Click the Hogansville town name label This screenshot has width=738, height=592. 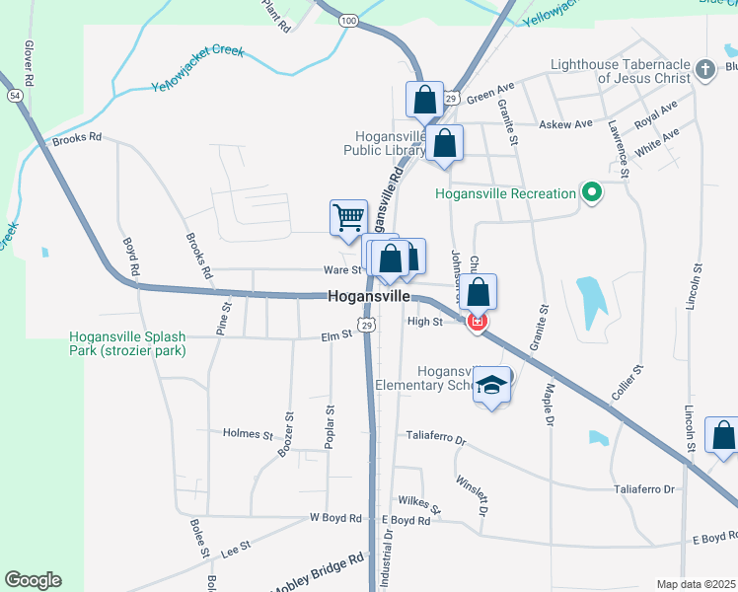(x=368, y=296)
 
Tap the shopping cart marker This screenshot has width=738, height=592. (x=348, y=217)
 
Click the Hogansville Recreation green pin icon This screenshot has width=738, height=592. (x=592, y=192)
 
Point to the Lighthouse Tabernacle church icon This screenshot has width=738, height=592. (x=705, y=69)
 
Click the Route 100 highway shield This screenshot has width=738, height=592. (x=348, y=20)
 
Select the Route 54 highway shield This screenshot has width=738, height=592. (x=14, y=95)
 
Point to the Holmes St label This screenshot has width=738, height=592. (x=247, y=433)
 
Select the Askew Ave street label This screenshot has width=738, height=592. (x=565, y=124)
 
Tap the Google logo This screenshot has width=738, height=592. (x=33, y=580)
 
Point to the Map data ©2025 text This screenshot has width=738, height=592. (x=696, y=584)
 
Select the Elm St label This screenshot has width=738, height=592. (x=336, y=335)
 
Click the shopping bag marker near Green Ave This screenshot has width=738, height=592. (x=424, y=101)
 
